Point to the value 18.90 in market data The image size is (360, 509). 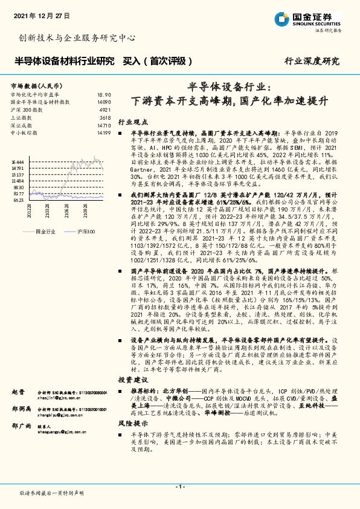[104, 95]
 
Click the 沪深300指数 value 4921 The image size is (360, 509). [105, 110]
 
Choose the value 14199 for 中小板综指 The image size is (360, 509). [103, 132]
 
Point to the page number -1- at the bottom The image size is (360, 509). [179, 487]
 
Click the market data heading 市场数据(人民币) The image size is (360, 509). [36, 86]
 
